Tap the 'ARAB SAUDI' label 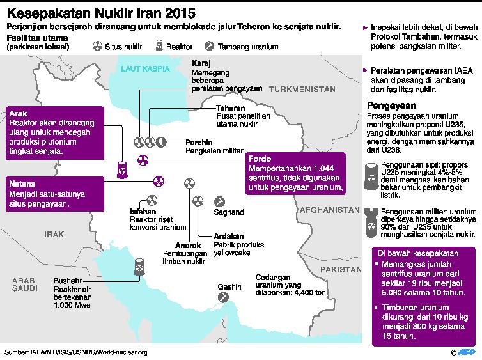pyautogui.click(x=24, y=285)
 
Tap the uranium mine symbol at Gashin pyautogui.click(x=222, y=297)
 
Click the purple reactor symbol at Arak pyautogui.click(x=121, y=169)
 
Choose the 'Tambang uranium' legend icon pyautogui.click(x=210, y=47)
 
